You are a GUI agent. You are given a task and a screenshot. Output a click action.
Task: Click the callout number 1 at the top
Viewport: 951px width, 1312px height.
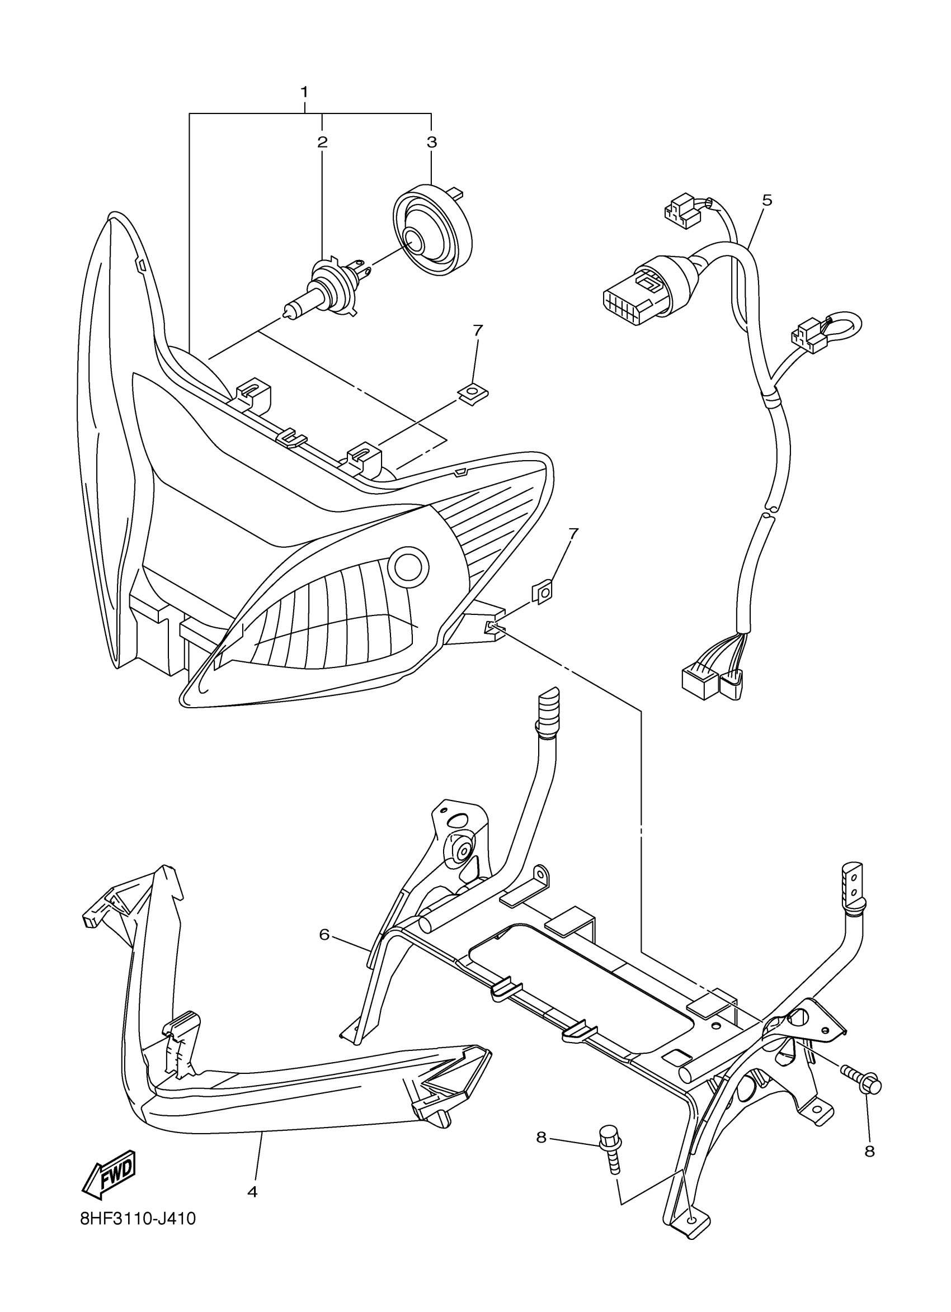[304, 92]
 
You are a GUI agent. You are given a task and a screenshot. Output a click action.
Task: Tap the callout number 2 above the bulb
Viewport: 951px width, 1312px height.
[322, 142]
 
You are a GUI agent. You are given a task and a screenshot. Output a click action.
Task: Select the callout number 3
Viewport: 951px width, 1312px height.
[432, 142]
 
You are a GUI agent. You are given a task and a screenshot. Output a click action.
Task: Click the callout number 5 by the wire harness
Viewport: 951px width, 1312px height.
[767, 200]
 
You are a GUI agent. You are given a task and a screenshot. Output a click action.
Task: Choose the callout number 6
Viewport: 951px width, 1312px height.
[324, 934]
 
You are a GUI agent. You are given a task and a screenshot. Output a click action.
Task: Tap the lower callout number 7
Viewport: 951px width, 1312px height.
[572, 533]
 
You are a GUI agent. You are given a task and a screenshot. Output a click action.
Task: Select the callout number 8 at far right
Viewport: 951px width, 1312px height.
[869, 1150]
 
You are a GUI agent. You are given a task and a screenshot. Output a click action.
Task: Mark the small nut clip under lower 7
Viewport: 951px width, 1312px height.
[543, 593]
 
